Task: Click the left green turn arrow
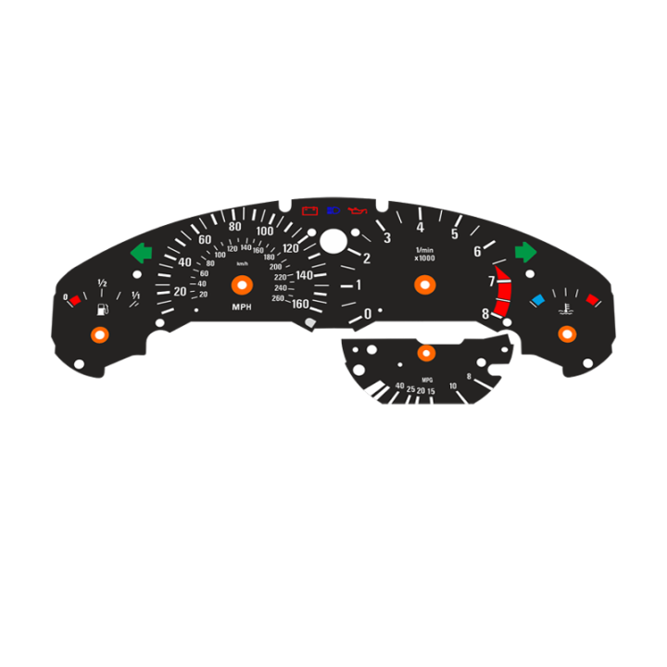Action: pyautogui.click(x=141, y=252)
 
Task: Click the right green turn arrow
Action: pyautogui.click(x=525, y=252)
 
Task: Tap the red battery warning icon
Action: pyautogui.click(x=310, y=211)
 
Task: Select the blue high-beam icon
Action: pyautogui.click(x=333, y=211)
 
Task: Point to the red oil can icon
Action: pyautogui.click(x=357, y=211)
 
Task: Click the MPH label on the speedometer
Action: pyautogui.click(x=241, y=307)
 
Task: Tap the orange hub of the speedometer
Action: pyautogui.click(x=241, y=284)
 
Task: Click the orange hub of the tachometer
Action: pyautogui.click(x=425, y=284)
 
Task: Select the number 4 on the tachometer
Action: pyautogui.click(x=420, y=227)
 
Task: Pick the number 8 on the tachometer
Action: pyautogui.click(x=485, y=314)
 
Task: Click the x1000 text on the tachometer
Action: pyautogui.click(x=424, y=258)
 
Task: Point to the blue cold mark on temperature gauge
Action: pyautogui.click(x=537, y=300)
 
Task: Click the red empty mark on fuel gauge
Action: pyautogui.click(x=76, y=300)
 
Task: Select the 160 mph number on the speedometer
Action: pyautogui.click(x=301, y=303)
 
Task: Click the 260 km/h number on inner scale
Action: pyautogui.click(x=278, y=298)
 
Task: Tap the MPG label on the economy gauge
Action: pyautogui.click(x=427, y=381)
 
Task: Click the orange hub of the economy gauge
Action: pyautogui.click(x=426, y=353)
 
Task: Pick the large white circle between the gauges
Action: pyautogui.click(x=333, y=242)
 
